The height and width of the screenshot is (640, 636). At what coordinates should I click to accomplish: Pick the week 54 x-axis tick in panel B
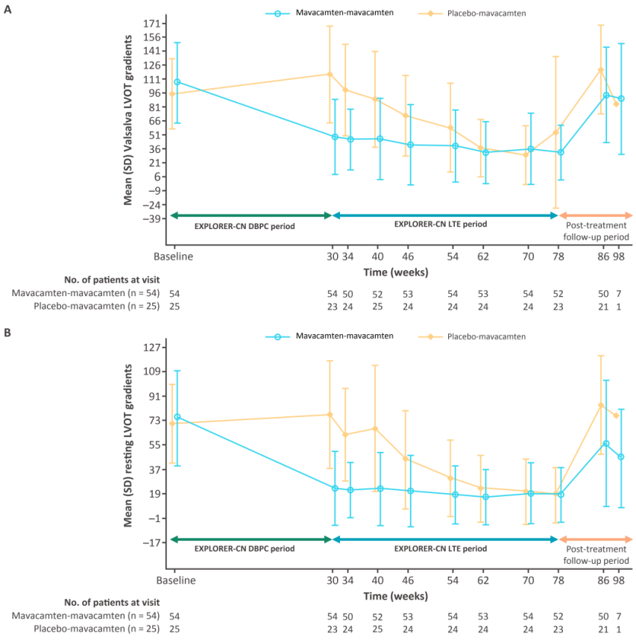point(453,580)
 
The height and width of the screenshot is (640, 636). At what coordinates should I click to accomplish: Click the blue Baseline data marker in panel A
point(177,82)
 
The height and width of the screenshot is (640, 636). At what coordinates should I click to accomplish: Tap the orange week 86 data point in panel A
point(600,70)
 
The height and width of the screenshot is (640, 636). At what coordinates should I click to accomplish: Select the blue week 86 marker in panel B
point(606,444)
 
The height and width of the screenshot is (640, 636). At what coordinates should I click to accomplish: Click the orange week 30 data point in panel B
point(330,415)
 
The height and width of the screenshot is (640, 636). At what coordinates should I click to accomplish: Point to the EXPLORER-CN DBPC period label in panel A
point(245,225)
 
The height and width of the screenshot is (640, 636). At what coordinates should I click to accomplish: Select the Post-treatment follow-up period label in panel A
point(596,230)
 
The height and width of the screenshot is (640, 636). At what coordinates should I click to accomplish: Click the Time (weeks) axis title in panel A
point(397,272)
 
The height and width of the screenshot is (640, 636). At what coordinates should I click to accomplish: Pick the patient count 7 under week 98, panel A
point(618,294)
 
